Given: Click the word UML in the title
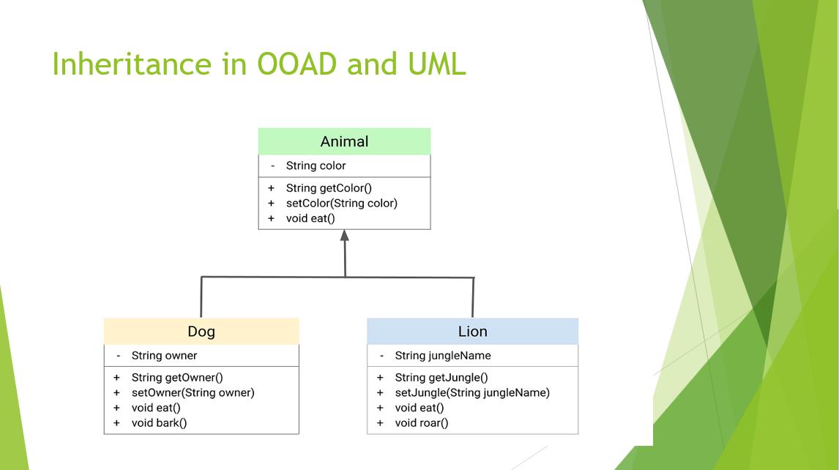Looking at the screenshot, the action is [x=436, y=64].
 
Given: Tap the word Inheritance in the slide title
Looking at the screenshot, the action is [x=132, y=64].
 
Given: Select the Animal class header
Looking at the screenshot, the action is [x=344, y=141].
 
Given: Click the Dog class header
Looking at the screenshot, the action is [x=201, y=332].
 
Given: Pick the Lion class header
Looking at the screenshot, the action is [x=472, y=332].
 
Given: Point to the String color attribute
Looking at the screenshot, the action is [x=316, y=166].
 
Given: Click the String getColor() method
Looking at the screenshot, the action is [x=329, y=188].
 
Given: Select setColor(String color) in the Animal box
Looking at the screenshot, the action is [x=341, y=204].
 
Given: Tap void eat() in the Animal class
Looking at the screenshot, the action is [x=310, y=218].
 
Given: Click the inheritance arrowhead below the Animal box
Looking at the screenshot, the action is [x=345, y=235].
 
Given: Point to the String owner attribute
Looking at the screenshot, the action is [x=164, y=356].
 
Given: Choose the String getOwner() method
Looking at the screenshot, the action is [x=177, y=378].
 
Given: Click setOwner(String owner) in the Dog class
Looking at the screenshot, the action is [x=193, y=393].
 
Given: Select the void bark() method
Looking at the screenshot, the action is [x=159, y=423].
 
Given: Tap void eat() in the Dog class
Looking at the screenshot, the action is [x=156, y=408].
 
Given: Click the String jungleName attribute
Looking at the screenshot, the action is [x=442, y=356].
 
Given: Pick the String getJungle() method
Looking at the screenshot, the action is [x=441, y=378].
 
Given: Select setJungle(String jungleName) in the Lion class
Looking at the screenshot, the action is [x=472, y=393].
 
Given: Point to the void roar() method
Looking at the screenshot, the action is [x=421, y=423].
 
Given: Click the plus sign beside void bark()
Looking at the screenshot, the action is [x=116, y=423].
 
